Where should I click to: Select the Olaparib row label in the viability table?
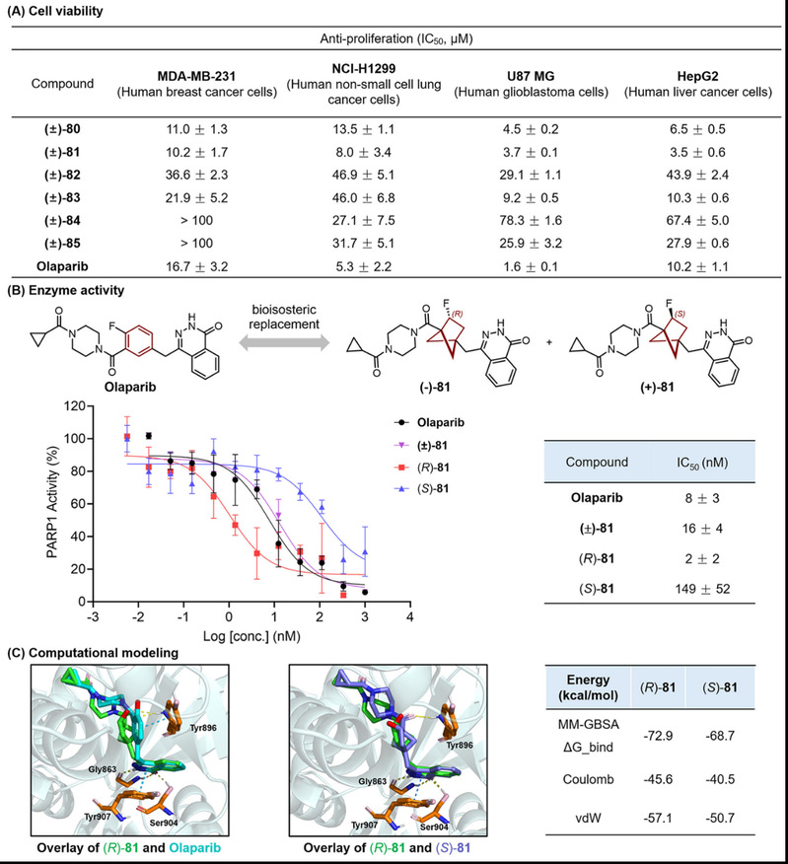(x=62, y=266)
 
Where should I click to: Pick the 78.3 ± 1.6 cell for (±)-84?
(x=531, y=220)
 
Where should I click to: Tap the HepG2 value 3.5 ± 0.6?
(x=697, y=152)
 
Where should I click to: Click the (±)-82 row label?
(x=62, y=176)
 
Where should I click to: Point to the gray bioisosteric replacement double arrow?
(x=284, y=343)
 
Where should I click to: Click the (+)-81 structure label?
(x=657, y=387)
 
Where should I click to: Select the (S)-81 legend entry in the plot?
(x=421, y=489)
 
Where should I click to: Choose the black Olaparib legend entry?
(x=429, y=423)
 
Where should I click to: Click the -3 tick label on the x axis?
(x=93, y=616)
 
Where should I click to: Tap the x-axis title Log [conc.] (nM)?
(x=251, y=637)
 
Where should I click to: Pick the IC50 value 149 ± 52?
(x=702, y=589)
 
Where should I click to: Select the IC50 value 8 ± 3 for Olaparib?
(x=702, y=498)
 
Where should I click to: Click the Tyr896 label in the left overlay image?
(x=203, y=728)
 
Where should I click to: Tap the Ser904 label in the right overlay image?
(x=434, y=828)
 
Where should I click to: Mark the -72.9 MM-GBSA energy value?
(x=658, y=736)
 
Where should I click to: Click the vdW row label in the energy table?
(x=588, y=818)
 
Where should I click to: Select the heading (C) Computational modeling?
(x=93, y=653)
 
